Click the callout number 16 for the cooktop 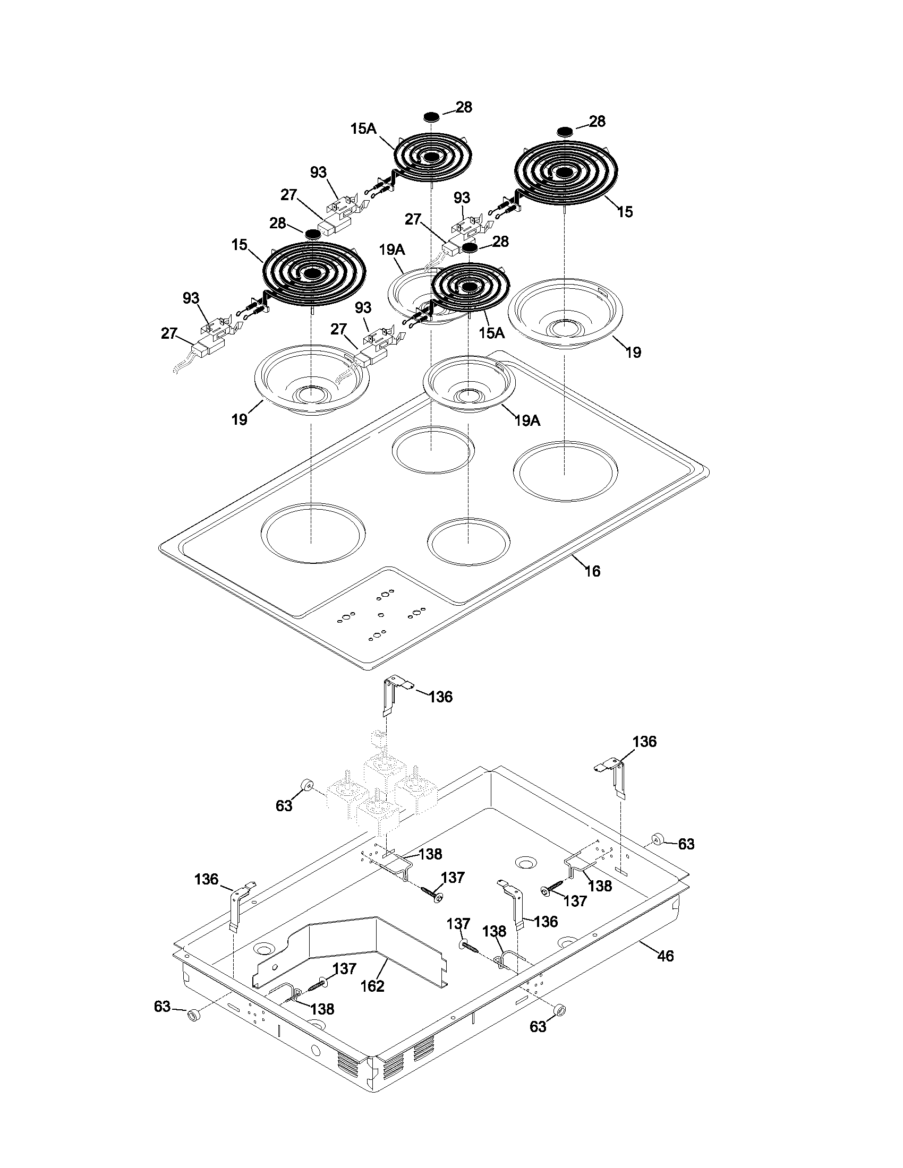(592, 571)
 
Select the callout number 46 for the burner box (665, 955)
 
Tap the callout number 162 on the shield (372, 986)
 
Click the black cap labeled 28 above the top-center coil (431, 116)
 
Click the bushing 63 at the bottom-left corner (193, 1015)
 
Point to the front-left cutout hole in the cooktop (313, 533)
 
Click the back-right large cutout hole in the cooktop (565, 471)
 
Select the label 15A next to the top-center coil (364, 128)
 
